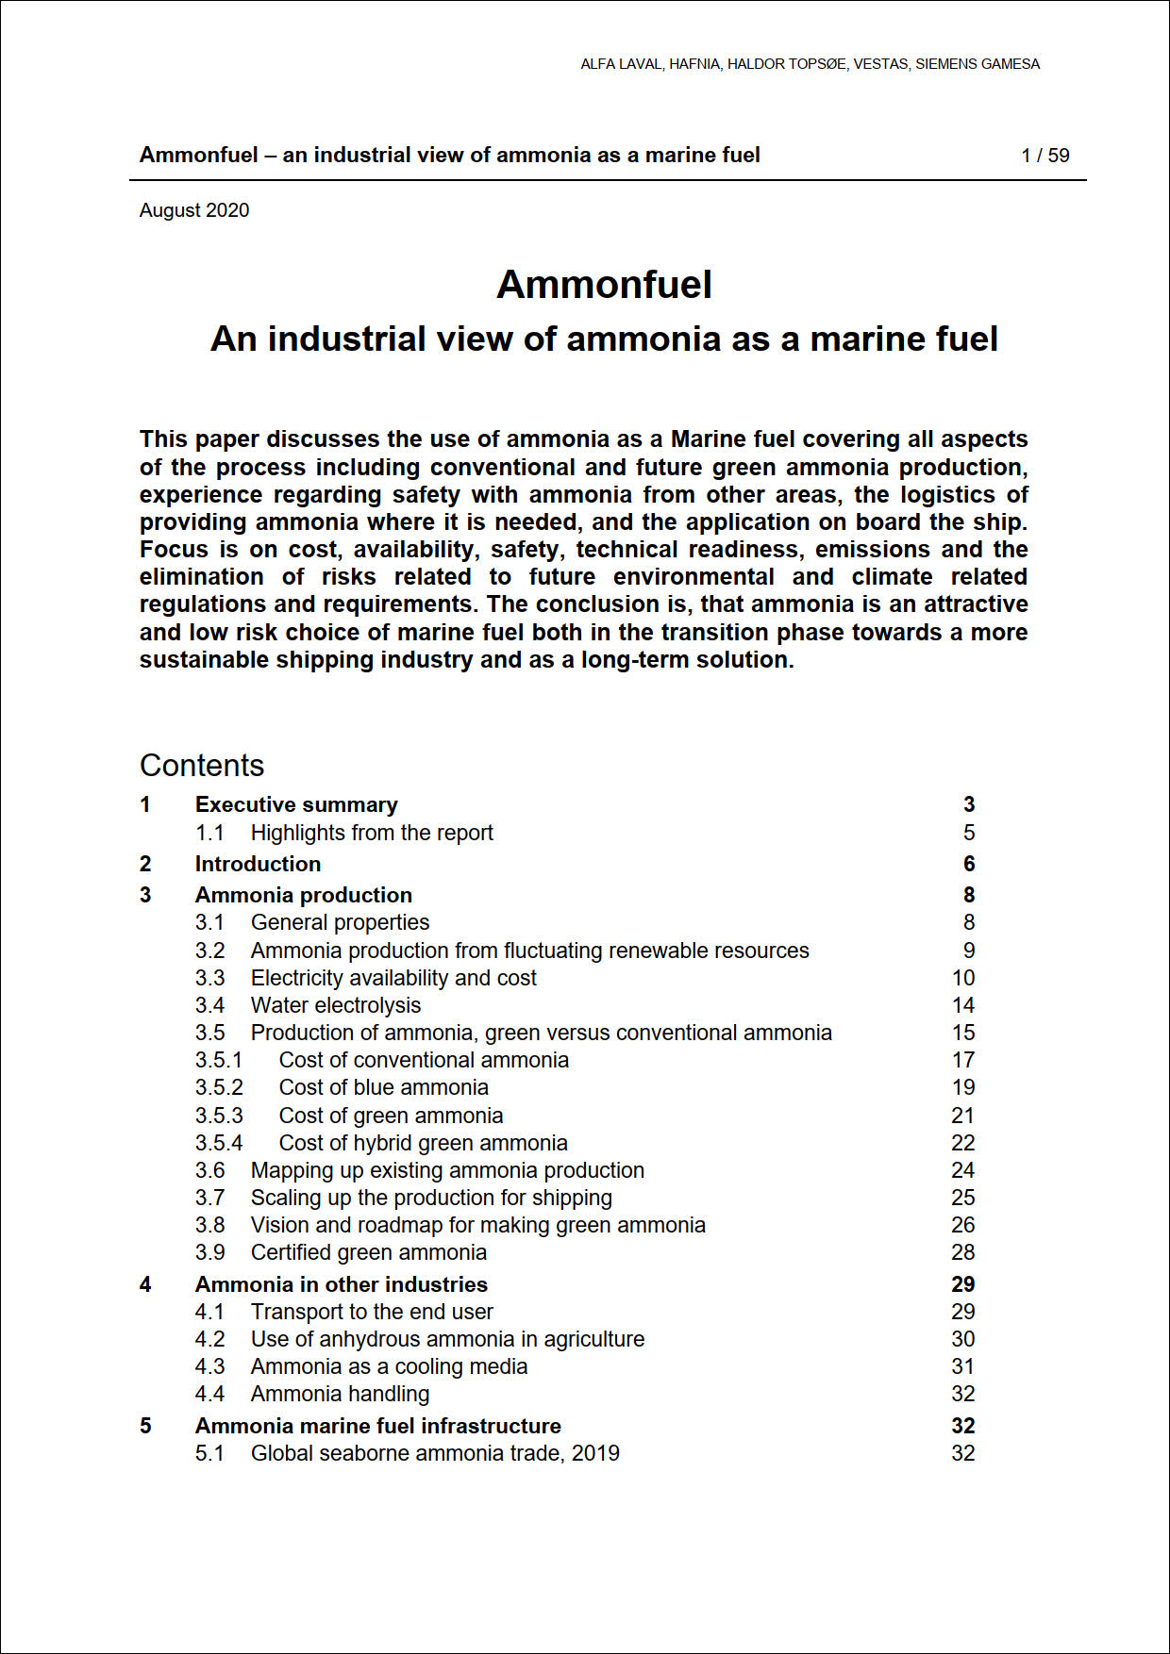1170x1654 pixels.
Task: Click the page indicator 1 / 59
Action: [1045, 156]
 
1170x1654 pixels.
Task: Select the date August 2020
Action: [194, 210]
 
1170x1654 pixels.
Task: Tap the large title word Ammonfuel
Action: [604, 285]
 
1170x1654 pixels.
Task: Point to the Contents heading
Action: [202, 765]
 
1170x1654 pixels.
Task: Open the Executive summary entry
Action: [296, 804]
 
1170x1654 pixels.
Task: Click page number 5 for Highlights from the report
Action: [969, 833]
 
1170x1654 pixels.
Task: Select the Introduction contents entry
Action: [258, 864]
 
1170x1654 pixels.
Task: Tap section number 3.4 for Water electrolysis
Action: [209, 1005]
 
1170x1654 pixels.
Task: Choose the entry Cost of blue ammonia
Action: [383, 1087]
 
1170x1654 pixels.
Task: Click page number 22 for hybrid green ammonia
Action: [962, 1143]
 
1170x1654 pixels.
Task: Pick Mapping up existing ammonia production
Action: [447, 1170]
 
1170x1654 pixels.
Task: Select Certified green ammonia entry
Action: [368, 1252]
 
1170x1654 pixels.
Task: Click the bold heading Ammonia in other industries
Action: [341, 1284]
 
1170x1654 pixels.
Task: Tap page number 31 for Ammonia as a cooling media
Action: [962, 1366]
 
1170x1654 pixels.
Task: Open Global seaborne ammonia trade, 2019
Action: [435, 1453]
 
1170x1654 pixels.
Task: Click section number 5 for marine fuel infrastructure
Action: [145, 1426]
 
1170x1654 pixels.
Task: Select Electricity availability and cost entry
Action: [393, 978]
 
